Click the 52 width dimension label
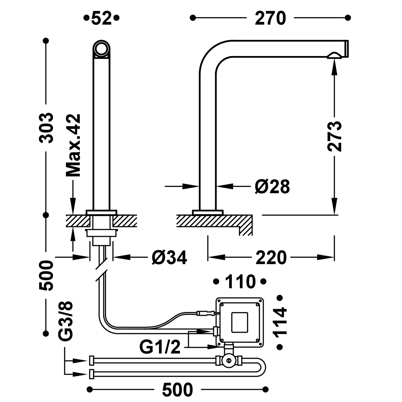[x=101, y=18]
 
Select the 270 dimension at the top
[x=270, y=18]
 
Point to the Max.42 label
[x=73, y=145]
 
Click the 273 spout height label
[x=334, y=137]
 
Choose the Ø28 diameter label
[x=272, y=187]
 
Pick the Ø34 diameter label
[x=169, y=258]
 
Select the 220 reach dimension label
[x=271, y=258]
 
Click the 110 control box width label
[x=240, y=282]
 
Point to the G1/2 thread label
[x=160, y=348]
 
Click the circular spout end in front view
[x=102, y=49]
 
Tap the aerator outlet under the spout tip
[x=334, y=56]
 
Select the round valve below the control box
[x=229, y=361]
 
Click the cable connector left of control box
[x=205, y=313]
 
